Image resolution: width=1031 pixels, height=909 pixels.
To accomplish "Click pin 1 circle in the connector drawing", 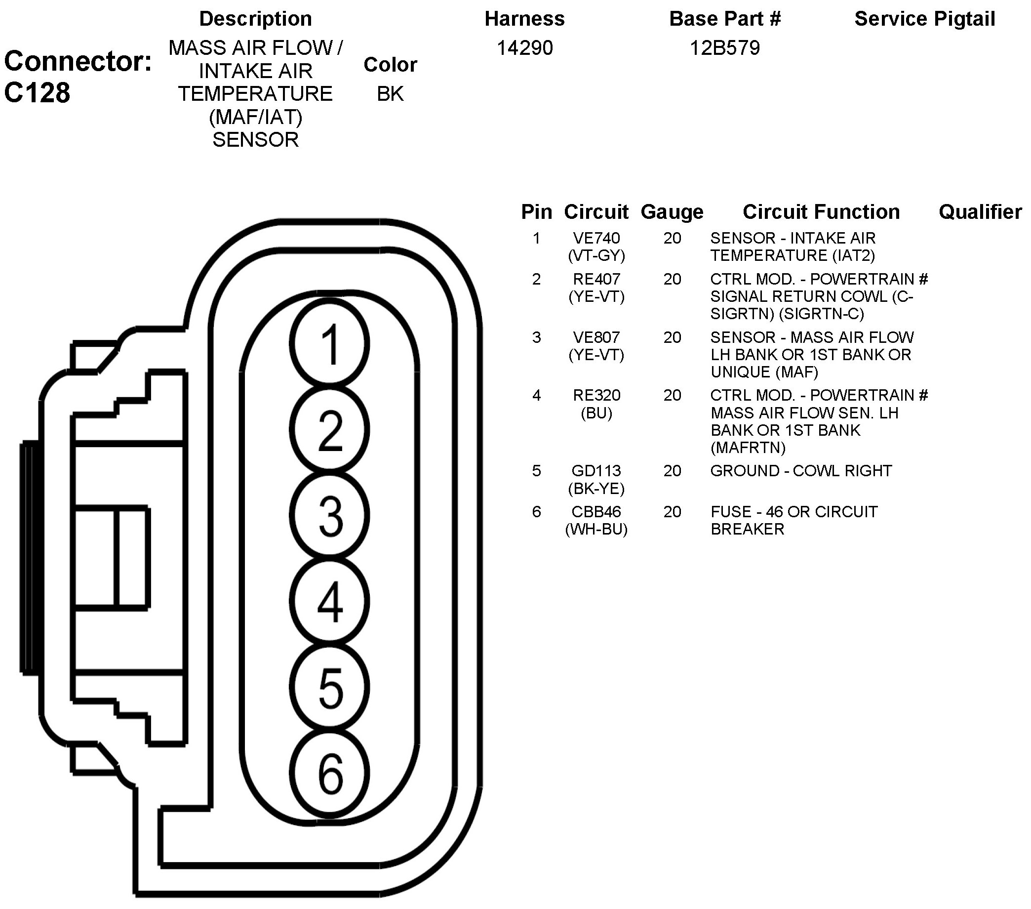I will (x=329, y=344).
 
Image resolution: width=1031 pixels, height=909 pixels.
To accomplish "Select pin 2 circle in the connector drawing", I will (x=329, y=430).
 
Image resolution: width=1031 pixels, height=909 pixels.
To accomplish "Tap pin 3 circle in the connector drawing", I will (x=329, y=516).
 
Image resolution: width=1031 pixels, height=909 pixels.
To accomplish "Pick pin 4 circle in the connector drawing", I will (x=329, y=602).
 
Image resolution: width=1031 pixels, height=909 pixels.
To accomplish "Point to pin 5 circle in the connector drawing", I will (x=329, y=687).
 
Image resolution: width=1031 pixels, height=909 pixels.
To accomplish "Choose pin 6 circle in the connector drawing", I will (x=329, y=773).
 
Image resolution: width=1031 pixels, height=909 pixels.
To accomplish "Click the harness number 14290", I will (x=524, y=48).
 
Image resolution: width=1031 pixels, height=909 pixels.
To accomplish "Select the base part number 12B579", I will (x=724, y=48).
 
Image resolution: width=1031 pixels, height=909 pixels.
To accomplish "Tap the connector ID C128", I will (x=38, y=93).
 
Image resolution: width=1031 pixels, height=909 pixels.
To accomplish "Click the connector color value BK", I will (x=390, y=94).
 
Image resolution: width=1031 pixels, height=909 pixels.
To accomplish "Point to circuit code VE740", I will (x=596, y=238).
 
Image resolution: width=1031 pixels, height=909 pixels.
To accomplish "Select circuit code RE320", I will (x=596, y=395).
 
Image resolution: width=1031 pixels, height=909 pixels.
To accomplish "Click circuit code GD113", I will (x=596, y=471).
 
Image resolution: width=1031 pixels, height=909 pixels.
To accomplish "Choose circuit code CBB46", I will (x=596, y=512).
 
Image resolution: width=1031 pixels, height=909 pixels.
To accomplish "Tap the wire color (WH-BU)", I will (x=596, y=529).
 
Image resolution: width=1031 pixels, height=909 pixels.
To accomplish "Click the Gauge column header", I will (x=672, y=212).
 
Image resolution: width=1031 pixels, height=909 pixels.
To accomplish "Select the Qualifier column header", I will (x=980, y=212).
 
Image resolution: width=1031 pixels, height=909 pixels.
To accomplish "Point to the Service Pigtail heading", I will (x=924, y=19).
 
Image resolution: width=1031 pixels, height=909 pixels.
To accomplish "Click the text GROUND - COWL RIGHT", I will (x=801, y=471).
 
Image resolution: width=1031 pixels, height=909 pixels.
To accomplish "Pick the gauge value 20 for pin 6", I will (x=672, y=512).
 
